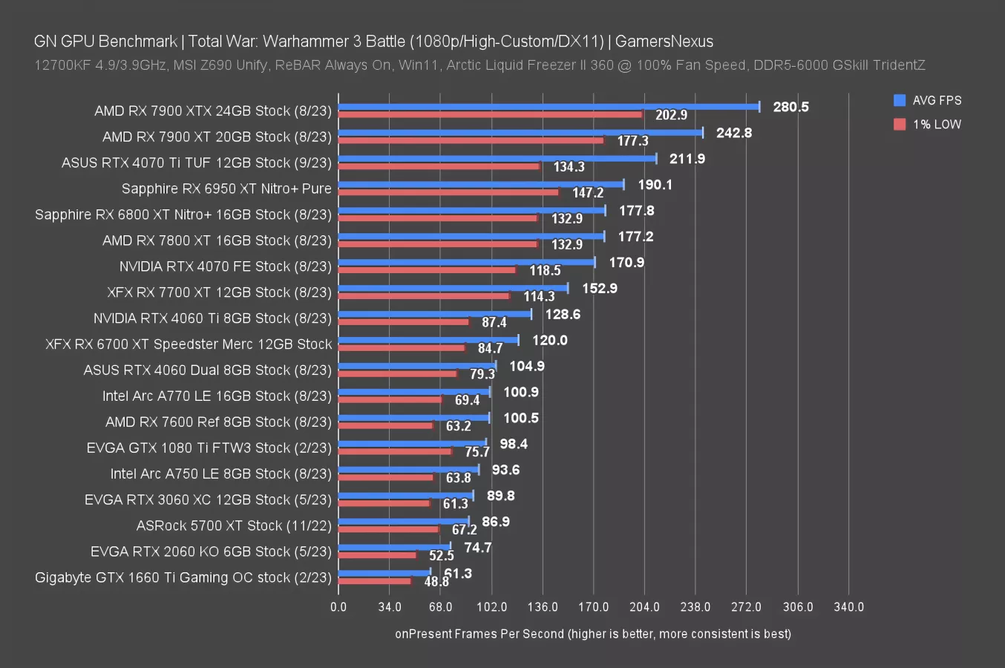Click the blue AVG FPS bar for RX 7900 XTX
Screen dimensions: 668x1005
tap(549, 107)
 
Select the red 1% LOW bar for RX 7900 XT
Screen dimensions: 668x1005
tap(471, 140)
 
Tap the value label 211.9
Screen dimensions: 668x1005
tap(687, 159)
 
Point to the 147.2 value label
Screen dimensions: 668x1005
tap(588, 193)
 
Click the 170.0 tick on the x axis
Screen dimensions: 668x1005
tap(594, 607)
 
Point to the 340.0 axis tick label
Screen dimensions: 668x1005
tap(848, 607)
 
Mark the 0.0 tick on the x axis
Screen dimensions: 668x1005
tap(338, 607)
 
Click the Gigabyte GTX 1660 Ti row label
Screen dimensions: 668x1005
tap(183, 577)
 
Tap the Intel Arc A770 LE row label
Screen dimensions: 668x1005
tap(217, 396)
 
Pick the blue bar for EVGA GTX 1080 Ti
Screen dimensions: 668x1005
tap(413, 443)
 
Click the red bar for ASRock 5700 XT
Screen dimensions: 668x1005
tap(388, 529)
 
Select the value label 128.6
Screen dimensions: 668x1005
tap(563, 315)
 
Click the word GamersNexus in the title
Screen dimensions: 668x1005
tap(664, 42)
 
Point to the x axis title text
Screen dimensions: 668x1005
tap(593, 634)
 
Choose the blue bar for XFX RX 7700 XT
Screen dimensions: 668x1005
tap(453, 288)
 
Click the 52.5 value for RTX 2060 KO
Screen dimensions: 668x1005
tap(442, 556)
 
